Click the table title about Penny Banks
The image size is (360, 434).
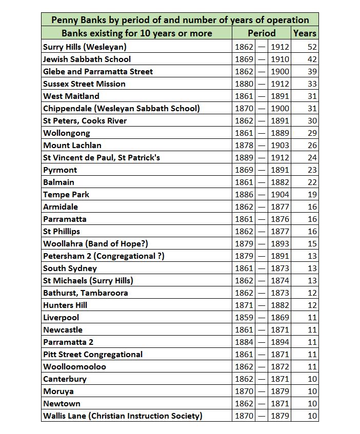(179, 20)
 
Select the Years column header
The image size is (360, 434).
(305, 33)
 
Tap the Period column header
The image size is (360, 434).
(262, 33)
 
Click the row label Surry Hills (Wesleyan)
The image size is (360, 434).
(85, 47)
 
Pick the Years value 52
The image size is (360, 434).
(312, 47)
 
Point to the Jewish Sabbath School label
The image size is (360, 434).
(87, 59)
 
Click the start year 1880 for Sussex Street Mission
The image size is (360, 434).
(244, 84)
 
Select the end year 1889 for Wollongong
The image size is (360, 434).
(280, 133)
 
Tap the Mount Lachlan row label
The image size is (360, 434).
(72, 145)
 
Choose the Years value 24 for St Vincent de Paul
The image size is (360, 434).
(312, 157)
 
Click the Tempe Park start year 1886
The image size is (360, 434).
(244, 194)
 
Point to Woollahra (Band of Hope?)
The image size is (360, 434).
(95, 243)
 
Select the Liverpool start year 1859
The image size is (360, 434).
(244, 317)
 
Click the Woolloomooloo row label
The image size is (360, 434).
(75, 366)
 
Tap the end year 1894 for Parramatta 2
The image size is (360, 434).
(280, 342)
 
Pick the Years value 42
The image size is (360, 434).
(312, 59)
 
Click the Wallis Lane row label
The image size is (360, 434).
(123, 416)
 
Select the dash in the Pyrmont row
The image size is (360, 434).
(262, 170)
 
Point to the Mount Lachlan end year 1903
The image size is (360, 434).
(280, 145)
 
